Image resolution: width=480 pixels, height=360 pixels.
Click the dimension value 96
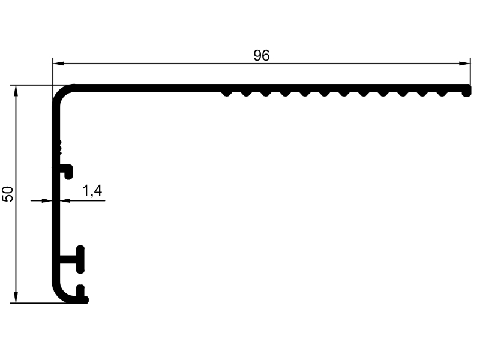tap(262, 55)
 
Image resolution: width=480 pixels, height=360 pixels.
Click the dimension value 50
tap(8, 194)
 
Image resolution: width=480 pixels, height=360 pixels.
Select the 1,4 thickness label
tap(92, 191)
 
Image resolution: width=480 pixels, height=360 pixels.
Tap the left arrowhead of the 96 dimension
tap(58, 64)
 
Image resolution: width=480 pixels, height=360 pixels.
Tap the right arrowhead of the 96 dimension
tap(464, 64)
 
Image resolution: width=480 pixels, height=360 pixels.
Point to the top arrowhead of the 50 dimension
tap(16, 91)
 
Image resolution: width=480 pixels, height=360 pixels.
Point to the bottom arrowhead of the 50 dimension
tap(16, 298)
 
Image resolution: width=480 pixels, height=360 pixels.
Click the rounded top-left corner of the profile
tap(61, 93)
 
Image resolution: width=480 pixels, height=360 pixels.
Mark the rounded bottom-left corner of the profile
tap(62, 294)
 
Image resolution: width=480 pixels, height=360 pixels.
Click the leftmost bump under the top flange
tap(226, 93)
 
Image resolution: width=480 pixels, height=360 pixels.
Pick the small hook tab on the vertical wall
tap(67, 172)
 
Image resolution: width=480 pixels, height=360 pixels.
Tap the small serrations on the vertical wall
tap(60, 147)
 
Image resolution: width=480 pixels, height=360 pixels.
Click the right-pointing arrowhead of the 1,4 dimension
tap(47, 201)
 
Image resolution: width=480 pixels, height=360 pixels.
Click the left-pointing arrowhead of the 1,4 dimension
tap(65, 201)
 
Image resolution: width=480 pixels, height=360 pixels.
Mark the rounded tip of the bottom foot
tap(85, 300)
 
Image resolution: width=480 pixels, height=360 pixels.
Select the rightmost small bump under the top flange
tap(442, 93)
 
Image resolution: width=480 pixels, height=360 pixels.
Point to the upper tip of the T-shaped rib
tap(80, 248)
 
